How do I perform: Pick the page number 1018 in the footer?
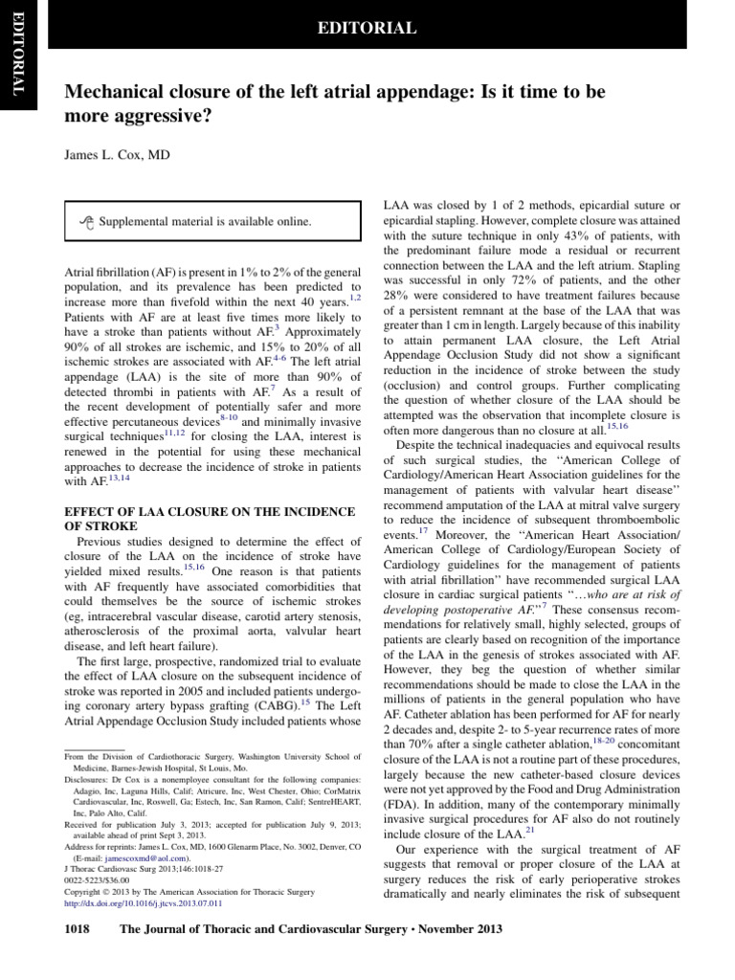[x=80, y=929]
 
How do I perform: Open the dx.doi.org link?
[x=143, y=902]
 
